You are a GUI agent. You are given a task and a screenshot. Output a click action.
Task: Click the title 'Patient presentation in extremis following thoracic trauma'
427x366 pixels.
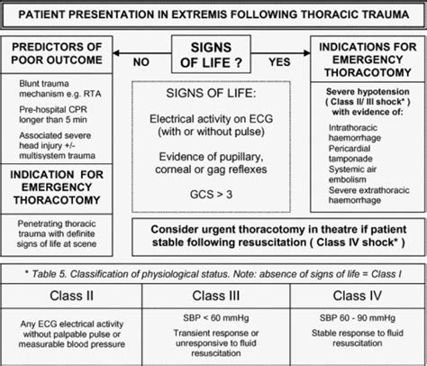point(213,13)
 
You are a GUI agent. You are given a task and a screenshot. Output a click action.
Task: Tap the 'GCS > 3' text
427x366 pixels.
point(213,193)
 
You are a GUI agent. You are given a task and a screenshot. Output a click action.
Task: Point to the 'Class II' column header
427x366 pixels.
point(70,294)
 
